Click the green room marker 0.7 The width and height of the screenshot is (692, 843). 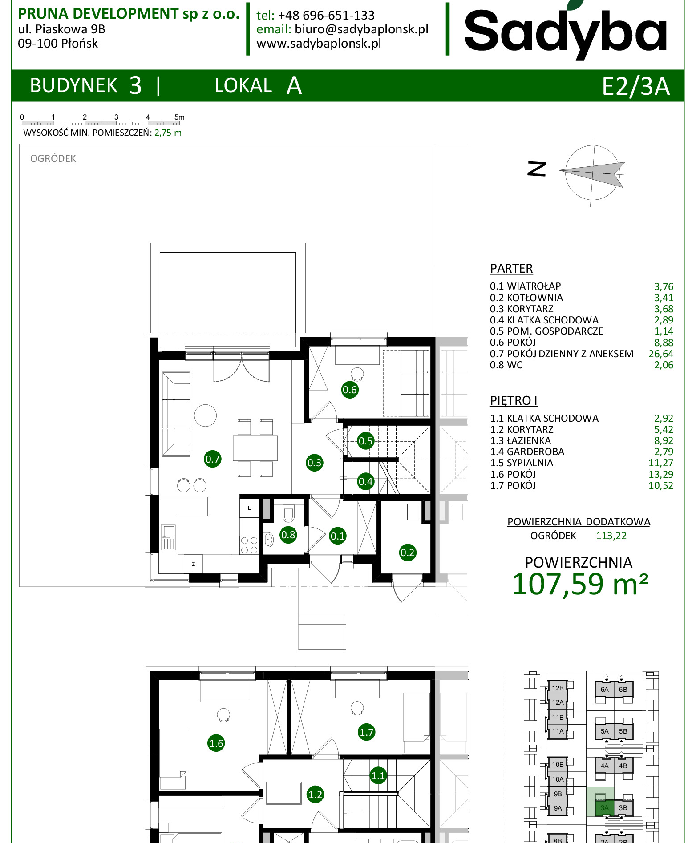click(212, 459)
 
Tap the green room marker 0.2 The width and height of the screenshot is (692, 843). click(407, 553)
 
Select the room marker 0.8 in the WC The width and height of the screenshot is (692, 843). click(288, 535)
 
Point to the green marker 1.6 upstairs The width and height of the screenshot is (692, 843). click(216, 743)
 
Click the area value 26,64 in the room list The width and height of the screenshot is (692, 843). click(660, 354)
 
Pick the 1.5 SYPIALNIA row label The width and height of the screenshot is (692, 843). click(521, 463)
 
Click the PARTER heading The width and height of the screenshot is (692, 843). click(511, 269)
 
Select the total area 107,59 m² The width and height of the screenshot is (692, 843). click(580, 584)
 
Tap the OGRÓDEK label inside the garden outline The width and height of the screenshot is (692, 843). click(53, 158)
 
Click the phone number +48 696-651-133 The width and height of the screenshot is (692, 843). click(326, 15)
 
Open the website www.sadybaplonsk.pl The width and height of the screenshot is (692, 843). click(319, 44)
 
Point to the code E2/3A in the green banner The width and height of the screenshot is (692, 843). click(635, 86)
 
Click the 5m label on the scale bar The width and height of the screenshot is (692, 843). click(179, 117)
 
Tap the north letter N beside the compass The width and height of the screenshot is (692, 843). click(537, 169)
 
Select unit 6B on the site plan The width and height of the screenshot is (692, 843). click(623, 690)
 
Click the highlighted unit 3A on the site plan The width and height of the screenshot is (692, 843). click(604, 807)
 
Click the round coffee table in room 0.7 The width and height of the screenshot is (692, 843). click(205, 415)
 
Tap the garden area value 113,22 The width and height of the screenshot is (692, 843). click(611, 536)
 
